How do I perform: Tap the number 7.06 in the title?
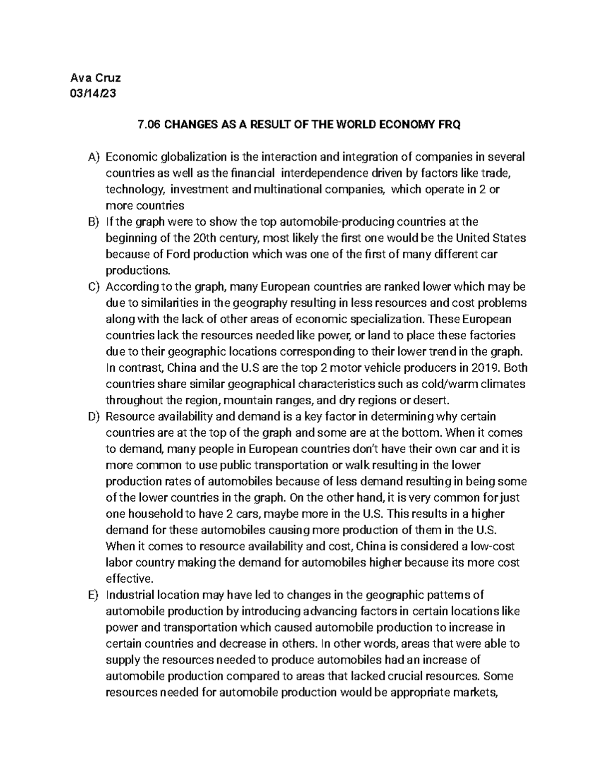tap(149, 125)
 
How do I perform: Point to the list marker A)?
tap(94, 157)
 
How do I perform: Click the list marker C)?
tap(94, 287)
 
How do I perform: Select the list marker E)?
tap(94, 595)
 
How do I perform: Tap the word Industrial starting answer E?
tap(130, 595)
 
